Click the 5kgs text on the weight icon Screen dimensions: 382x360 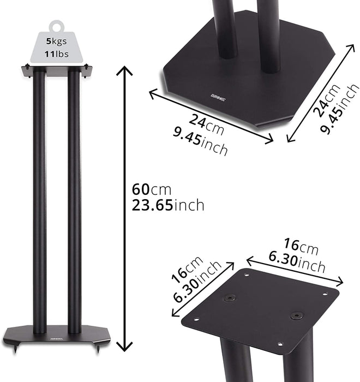(56, 40)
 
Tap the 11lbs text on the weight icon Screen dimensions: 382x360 (56, 53)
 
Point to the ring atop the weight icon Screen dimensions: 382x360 (56, 25)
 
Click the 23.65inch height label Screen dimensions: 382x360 (167, 206)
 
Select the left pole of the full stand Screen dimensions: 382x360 (40, 202)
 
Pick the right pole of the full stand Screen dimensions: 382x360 (74, 202)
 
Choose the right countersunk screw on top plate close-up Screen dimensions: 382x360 (296, 315)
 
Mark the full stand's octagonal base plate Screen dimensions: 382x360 (57, 333)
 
